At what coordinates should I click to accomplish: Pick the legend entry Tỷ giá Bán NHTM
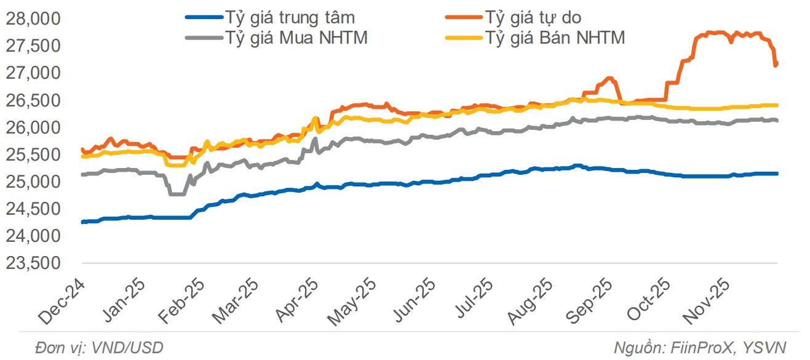pyautogui.click(x=555, y=38)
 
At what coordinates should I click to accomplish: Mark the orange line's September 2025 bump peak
pyautogui.click(x=609, y=78)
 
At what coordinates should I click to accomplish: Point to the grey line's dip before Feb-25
pyautogui.click(x=177, y=194)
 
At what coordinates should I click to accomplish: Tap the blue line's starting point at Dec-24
pyautogui.click(x=82, y=222)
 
